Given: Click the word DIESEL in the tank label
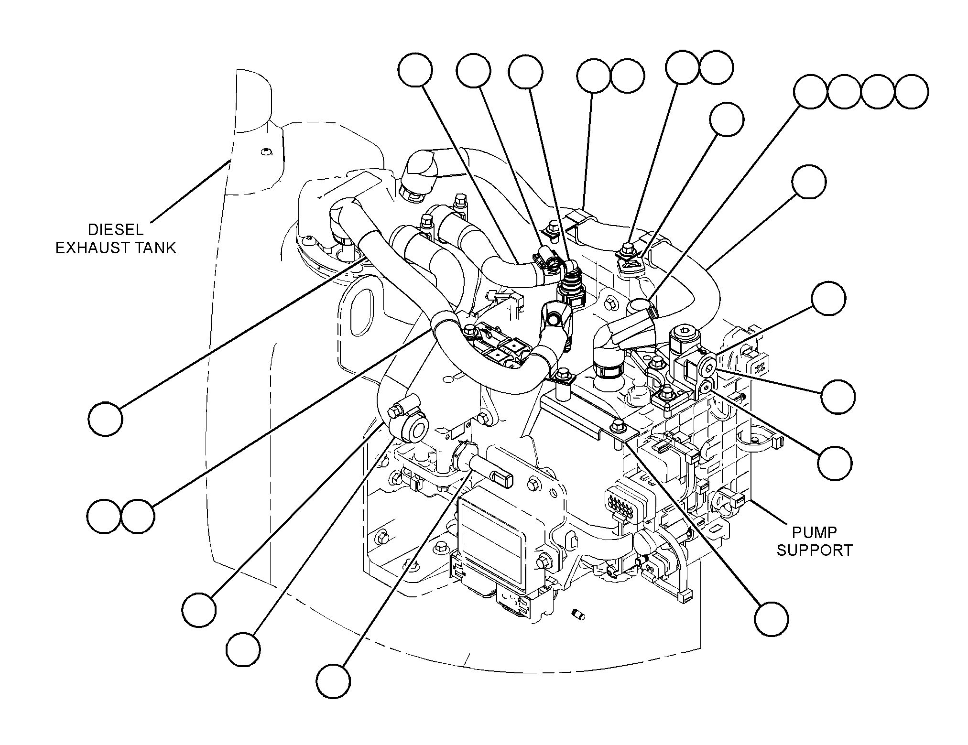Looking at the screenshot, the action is (116, 230).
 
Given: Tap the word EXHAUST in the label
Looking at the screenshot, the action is (93, 248).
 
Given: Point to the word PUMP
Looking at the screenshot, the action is (814, 532).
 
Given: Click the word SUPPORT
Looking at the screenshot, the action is (815, 550).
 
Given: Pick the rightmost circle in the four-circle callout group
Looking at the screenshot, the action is (911, 92).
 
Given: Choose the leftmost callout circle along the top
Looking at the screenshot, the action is (415, 70).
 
